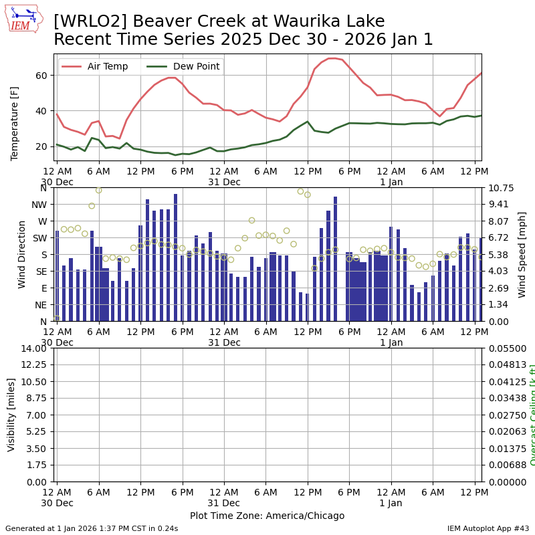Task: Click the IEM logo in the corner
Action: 23,19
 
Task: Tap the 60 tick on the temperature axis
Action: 40,76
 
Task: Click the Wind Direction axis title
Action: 22,254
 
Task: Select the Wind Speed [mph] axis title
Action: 522,254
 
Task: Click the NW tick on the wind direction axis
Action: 39,205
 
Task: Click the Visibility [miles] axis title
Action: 11,415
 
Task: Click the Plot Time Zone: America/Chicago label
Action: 267,516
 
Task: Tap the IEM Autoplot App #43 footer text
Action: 488,528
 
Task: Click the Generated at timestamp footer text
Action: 92,528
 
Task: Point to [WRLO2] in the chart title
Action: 86,21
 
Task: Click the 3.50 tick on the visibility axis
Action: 35,449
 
